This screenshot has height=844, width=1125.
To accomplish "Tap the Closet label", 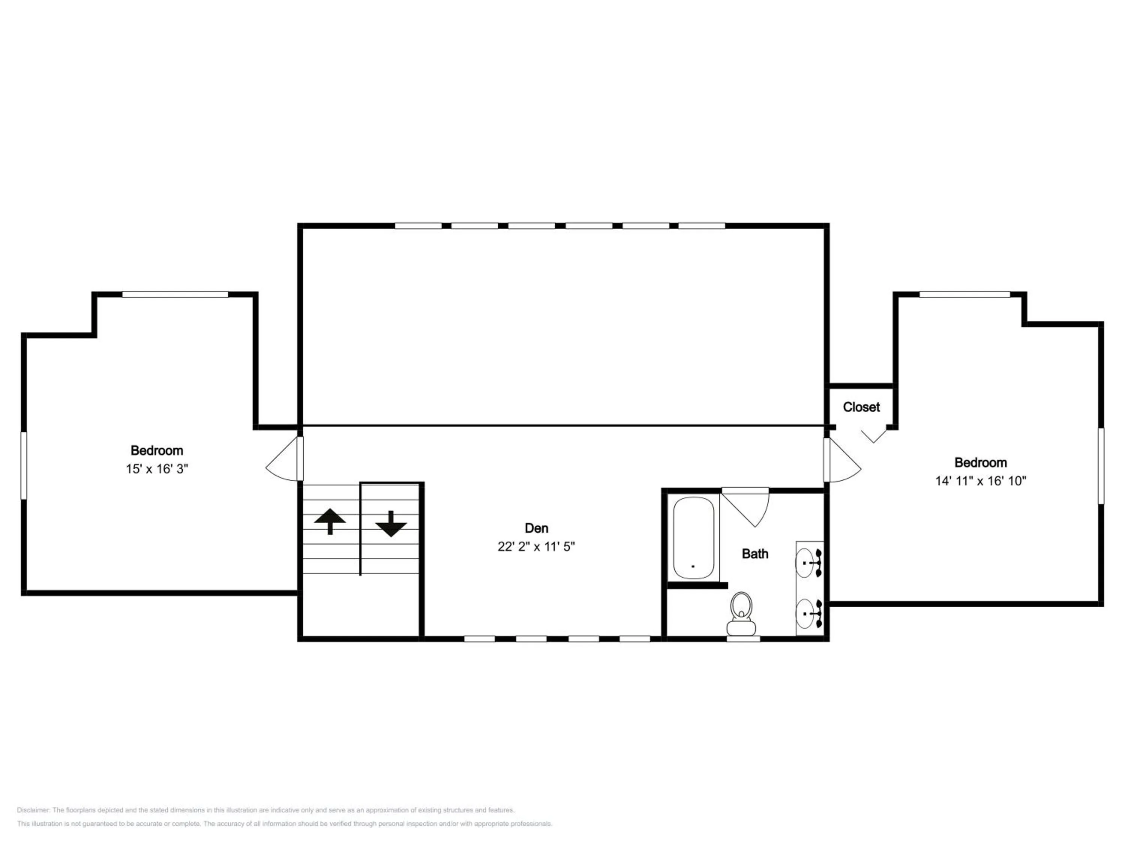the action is [861, 407].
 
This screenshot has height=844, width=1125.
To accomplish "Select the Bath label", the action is [755, 554].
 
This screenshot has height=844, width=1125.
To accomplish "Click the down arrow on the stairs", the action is [391, 524].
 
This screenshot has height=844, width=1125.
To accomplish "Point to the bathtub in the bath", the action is [694, 538].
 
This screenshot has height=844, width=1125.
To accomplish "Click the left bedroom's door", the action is [285, 458].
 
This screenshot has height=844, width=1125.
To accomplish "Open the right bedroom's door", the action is [842, 460].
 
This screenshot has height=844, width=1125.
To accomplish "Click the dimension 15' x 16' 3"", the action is [157, 469].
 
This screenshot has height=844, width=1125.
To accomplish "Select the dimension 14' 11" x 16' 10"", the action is [981, 481].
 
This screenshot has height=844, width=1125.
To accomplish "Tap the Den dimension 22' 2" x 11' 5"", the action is [536, 547].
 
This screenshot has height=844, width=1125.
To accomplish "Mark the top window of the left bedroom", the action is [175, 294].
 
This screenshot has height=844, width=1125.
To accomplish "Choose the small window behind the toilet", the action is [743, 638].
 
